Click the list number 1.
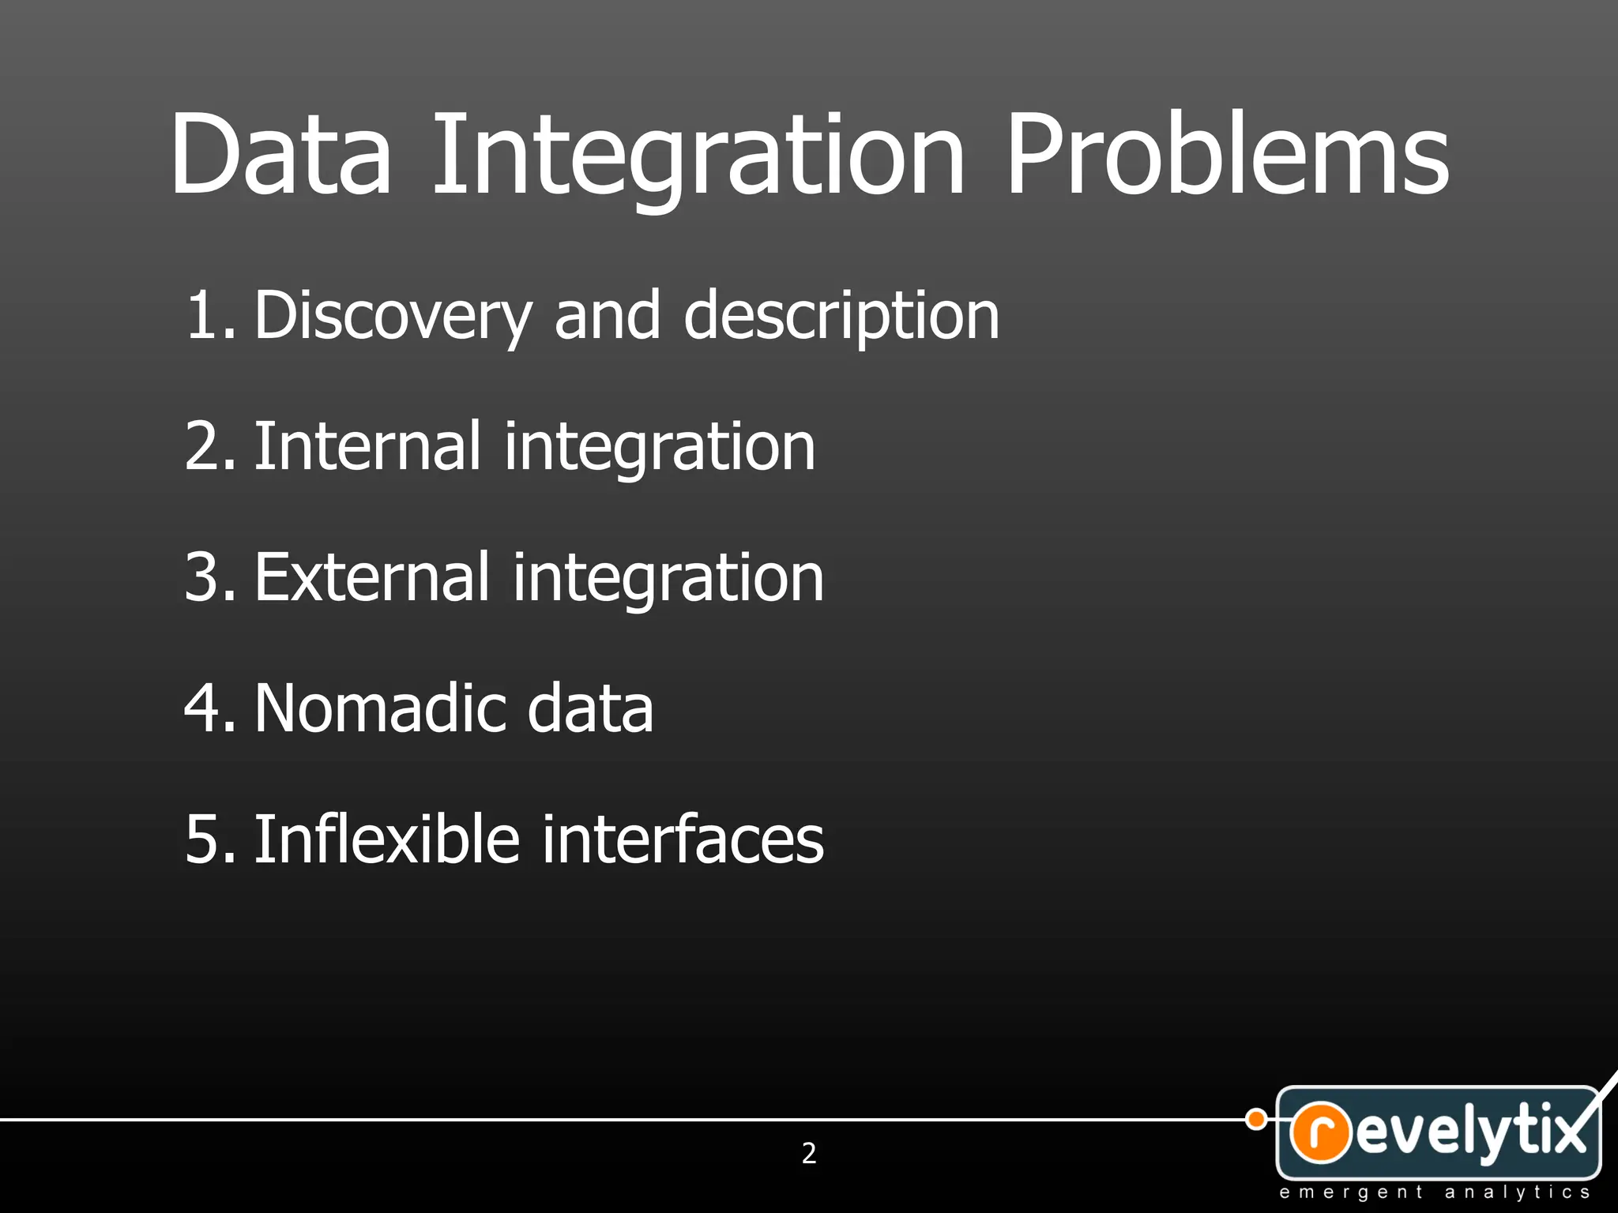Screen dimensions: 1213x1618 [x=207, y=316]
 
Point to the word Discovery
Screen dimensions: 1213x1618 [x=393, y=316]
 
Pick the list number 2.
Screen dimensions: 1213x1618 [x=207, y=447]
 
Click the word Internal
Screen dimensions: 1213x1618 [x=367, y=447]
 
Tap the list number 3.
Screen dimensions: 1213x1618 [x=207, y=577]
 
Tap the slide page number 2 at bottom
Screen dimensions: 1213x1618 [x=809, y=1153]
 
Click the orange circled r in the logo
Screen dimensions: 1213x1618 [x=1320, y=1132]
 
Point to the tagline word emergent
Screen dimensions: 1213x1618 [x=1350, y=1192]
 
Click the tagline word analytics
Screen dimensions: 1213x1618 [x=1516, y=1192]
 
